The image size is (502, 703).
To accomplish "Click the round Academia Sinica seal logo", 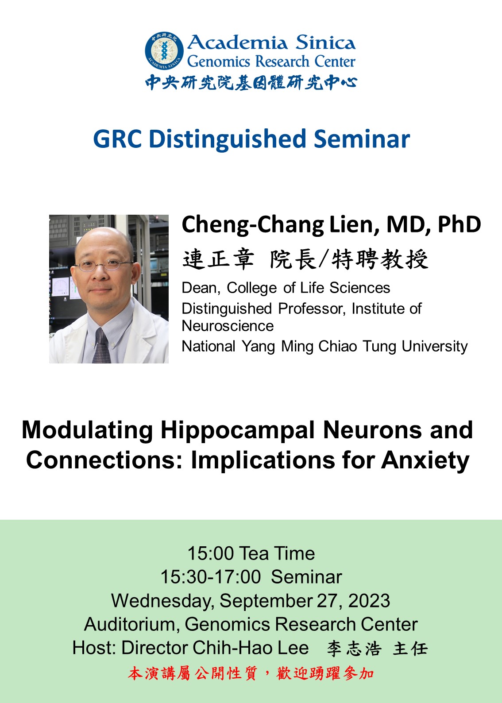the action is pos(164,51).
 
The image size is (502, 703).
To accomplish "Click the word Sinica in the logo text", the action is pos(326,42).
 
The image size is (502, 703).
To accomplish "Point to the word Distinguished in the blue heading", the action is pos(228,139).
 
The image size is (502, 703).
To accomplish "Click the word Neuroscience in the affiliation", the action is pos(228,326).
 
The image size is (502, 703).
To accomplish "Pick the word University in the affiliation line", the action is pos(435,347).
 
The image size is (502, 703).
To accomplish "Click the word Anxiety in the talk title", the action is pos(425,461).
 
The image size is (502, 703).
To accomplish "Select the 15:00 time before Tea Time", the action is pos(211,553).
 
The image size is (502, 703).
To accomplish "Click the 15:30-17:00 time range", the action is pos(211,577).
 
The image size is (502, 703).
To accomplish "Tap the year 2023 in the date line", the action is pos(369,601).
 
